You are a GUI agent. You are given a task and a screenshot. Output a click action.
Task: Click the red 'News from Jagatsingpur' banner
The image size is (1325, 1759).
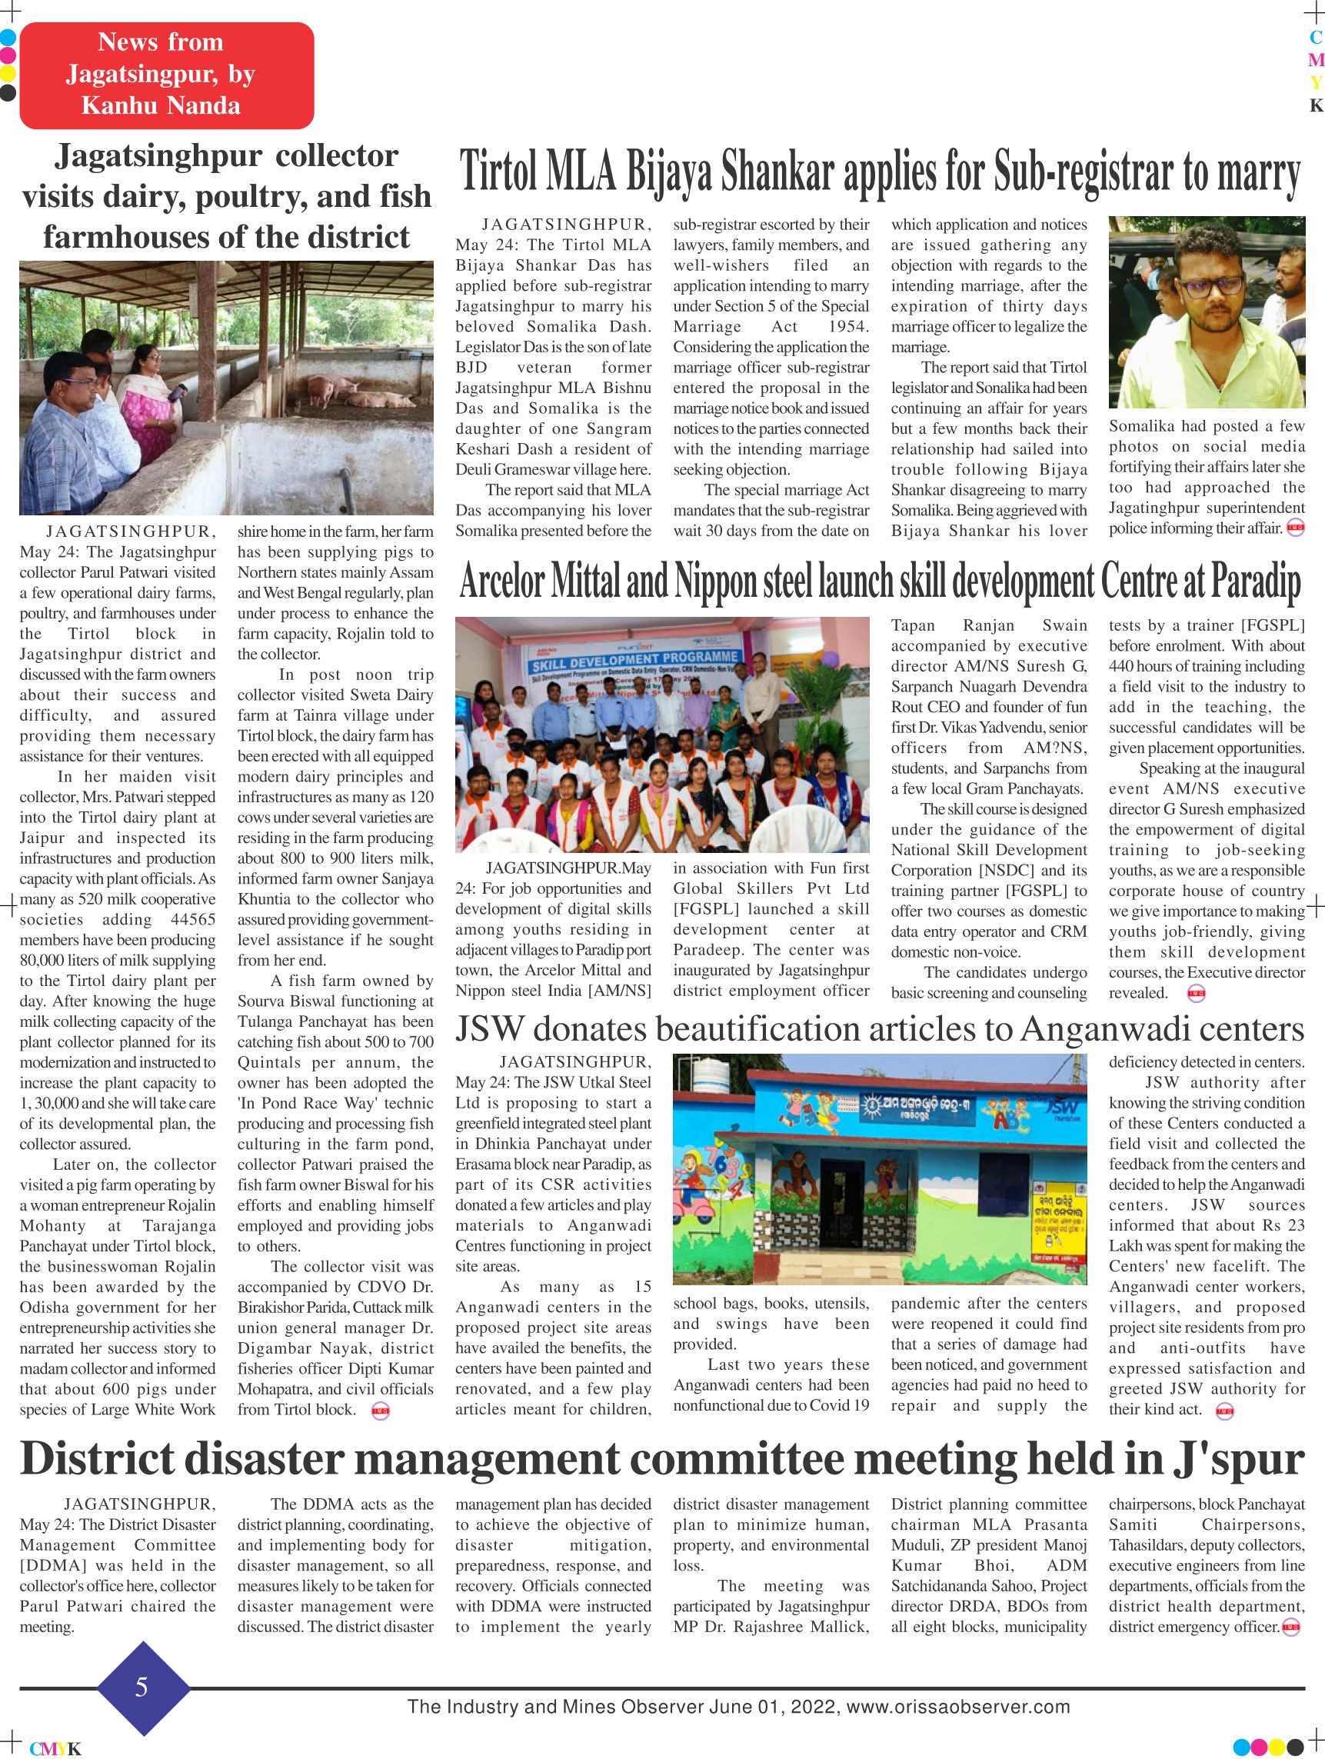pos(166,75)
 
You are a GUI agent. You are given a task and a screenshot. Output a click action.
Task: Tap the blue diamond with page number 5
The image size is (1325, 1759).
pos(142,1687)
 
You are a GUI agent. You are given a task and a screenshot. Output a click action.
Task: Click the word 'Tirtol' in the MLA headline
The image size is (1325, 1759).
pos(498,172)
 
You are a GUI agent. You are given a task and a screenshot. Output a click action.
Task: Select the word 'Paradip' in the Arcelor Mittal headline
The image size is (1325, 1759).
pos(1256,582)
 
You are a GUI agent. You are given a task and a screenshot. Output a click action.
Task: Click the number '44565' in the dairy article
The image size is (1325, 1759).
pos(192,919)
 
